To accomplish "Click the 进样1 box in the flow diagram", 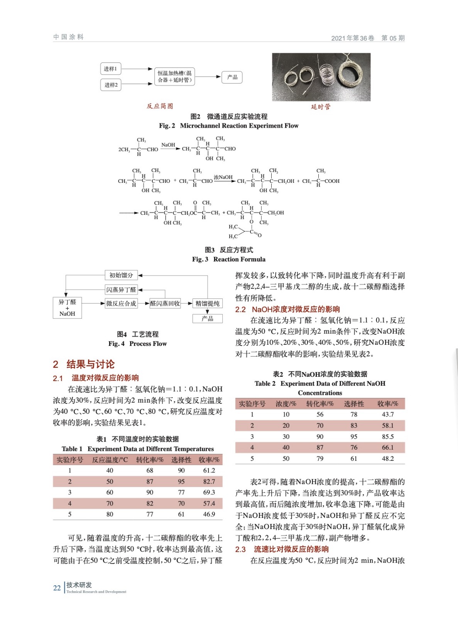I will (x=111, y=69).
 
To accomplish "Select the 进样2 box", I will (x=111, y=85).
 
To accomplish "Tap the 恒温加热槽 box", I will (x=174, y=76).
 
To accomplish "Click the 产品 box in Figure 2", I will (x=232, y=77).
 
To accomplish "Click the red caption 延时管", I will (x=321, y=107).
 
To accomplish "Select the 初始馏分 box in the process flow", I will (x=121, y=275).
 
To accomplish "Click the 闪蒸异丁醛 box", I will (x=121, y=290).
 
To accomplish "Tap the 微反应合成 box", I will (x=121, y=303).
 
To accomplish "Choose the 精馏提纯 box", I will (x=208, y=303).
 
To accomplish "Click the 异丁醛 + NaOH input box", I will (x=67, y=308).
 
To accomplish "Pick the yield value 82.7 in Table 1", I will (x=209, y=481).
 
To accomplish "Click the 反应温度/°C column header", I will (x=110, y=460).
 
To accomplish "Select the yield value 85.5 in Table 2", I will (x=388, y=437).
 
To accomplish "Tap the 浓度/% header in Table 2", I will (x=286, y=404).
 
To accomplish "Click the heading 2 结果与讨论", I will (x=84, y=364).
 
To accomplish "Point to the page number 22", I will (x=57, y=588).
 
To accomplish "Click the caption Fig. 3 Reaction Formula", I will (x=229, y=259).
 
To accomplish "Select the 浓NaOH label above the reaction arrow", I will (x=223, y=177).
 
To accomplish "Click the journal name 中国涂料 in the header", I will (x=69, y=37).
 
